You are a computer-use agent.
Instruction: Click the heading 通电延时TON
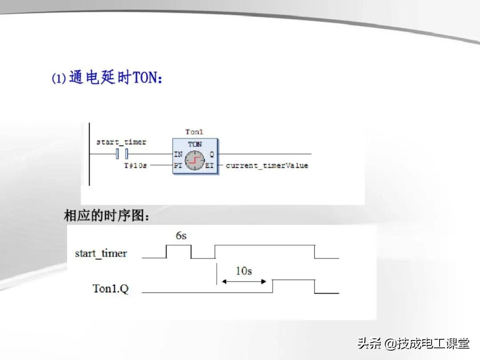coord(116,78)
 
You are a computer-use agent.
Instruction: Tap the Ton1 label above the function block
coord(194,132)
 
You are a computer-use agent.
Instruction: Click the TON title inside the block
coord(195,144)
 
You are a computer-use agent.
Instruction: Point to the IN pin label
coord(178,154)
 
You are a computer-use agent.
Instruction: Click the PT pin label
coord(178,166)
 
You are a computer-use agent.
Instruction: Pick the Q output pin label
coord(212,154)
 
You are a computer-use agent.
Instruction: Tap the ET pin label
coord(210,166)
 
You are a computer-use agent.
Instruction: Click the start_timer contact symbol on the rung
coord(122,154)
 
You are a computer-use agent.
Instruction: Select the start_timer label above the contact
coord(121,142)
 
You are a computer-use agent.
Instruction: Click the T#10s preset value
coord(135,166)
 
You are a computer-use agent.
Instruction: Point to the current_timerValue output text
coord(267,166)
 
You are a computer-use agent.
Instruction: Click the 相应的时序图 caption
coord(107,216)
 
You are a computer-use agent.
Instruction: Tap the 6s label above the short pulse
coord(181,236)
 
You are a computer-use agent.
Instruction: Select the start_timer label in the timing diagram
coord(101,254)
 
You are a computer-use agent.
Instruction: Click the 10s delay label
coord(244,271)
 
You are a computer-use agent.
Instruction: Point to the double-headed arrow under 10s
coord(244,281)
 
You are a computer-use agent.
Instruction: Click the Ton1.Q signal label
coord(111,289)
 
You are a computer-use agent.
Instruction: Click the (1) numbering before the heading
coord(59,79)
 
